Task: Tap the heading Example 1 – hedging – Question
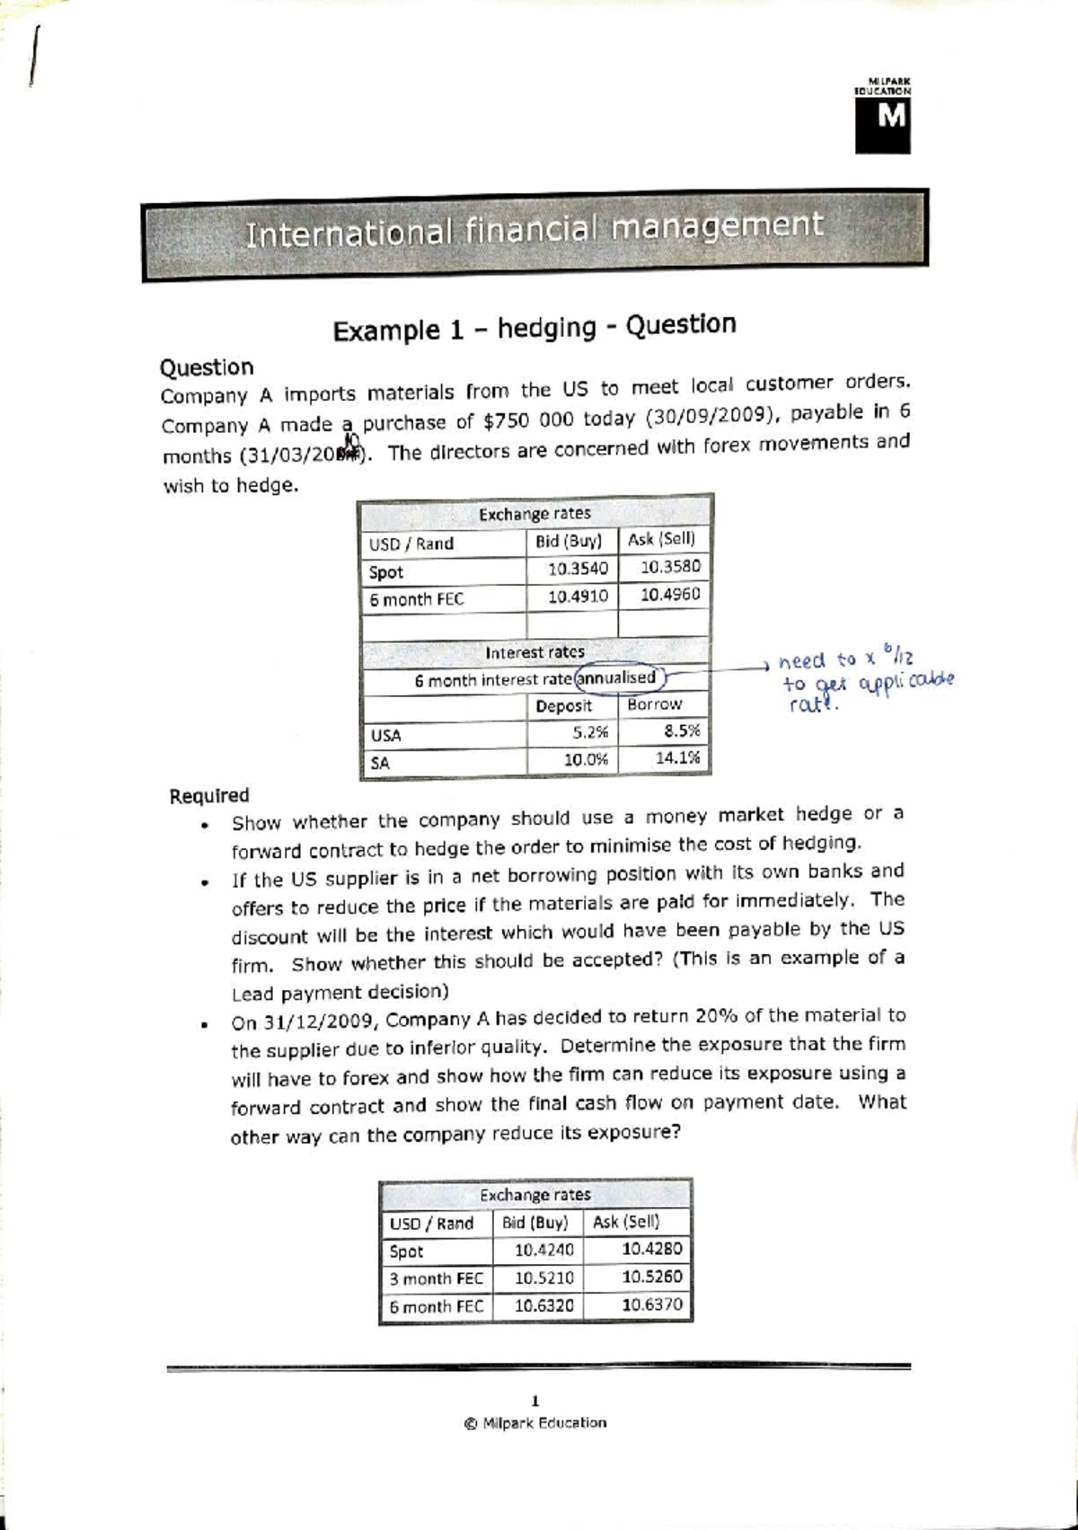pyautogui.click(x=534, y=328)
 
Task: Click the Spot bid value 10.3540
pyautogui.click(x=578, y=569)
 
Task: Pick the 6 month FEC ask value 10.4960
pyautogui.click(x=669, y=595)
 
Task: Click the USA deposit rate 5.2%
pyautogui.click(x=589, y=732)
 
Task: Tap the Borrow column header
pyautogui.click(x=654, y=704)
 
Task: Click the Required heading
pyautogui.click(x=209, y=796)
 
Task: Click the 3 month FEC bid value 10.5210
pyautogui.click(x=543, y=1278)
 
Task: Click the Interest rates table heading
pyautogui.click(x=535, y=652)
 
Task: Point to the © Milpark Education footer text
pyautogui.click(x=535, y=1423)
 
